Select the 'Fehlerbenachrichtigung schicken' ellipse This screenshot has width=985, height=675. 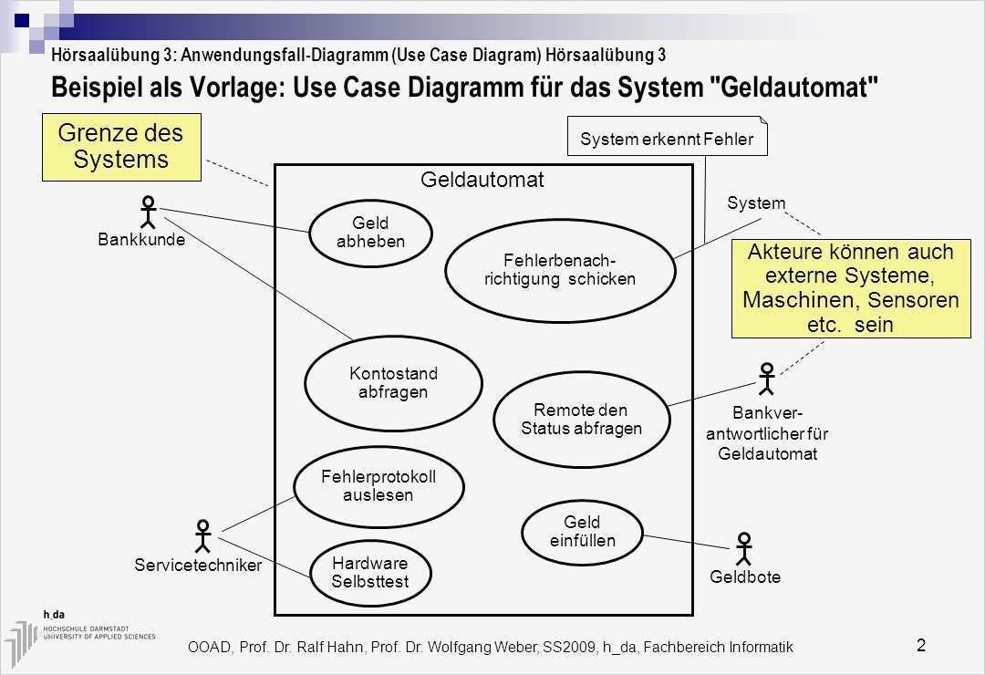coord(559,269)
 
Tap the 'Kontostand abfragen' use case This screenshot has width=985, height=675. coord(393,383)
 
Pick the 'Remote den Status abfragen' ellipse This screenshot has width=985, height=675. coord(582,419)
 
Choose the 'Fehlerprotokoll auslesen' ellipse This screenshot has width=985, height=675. coord(378,486)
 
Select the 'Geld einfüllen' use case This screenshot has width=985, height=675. coord(582,532)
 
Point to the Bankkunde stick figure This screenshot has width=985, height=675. coord(148,213)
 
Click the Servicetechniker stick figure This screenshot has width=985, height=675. coord(203,537)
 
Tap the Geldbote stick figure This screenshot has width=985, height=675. coord(745,549)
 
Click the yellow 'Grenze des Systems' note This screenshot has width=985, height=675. coord(120,146)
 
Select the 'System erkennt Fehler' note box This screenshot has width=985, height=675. coord(667,139)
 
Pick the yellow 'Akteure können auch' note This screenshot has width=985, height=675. coord(849,287)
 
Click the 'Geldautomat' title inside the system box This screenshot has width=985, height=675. coord(482,180)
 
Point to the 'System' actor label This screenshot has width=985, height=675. coord(756,202)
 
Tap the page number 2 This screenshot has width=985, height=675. coord(920,646)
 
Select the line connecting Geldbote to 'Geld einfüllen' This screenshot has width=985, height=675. coord(687,541)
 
